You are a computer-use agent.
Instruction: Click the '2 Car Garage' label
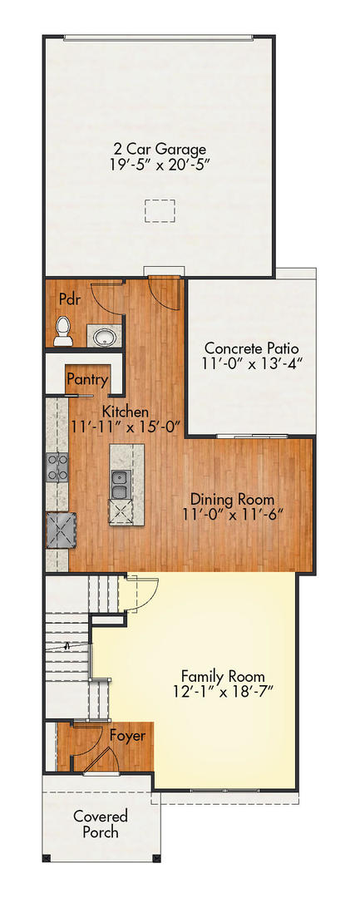pos(160,149)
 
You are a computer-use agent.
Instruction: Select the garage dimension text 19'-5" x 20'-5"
pos(160,165)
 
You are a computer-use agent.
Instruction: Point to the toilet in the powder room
pos(62,333)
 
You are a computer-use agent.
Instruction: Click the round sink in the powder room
pos(105,336)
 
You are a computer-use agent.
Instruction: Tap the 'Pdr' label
pos(69,299)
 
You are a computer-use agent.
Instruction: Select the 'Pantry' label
pos(87,381)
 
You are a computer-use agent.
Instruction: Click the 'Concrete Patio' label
pos(251,348)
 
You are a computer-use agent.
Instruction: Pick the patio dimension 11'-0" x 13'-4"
pos(251,363)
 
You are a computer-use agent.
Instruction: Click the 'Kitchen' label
pos(125,412)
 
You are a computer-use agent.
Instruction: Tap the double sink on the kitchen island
pos(120,484)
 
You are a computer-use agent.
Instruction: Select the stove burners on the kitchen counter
pos(57,467)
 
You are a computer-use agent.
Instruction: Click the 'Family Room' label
pos(223,675)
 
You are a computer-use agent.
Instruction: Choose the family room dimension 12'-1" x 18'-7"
pos(223,691)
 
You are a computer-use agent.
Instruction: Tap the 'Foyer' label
pos(127,736)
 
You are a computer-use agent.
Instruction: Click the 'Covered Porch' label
pos(96,824)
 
